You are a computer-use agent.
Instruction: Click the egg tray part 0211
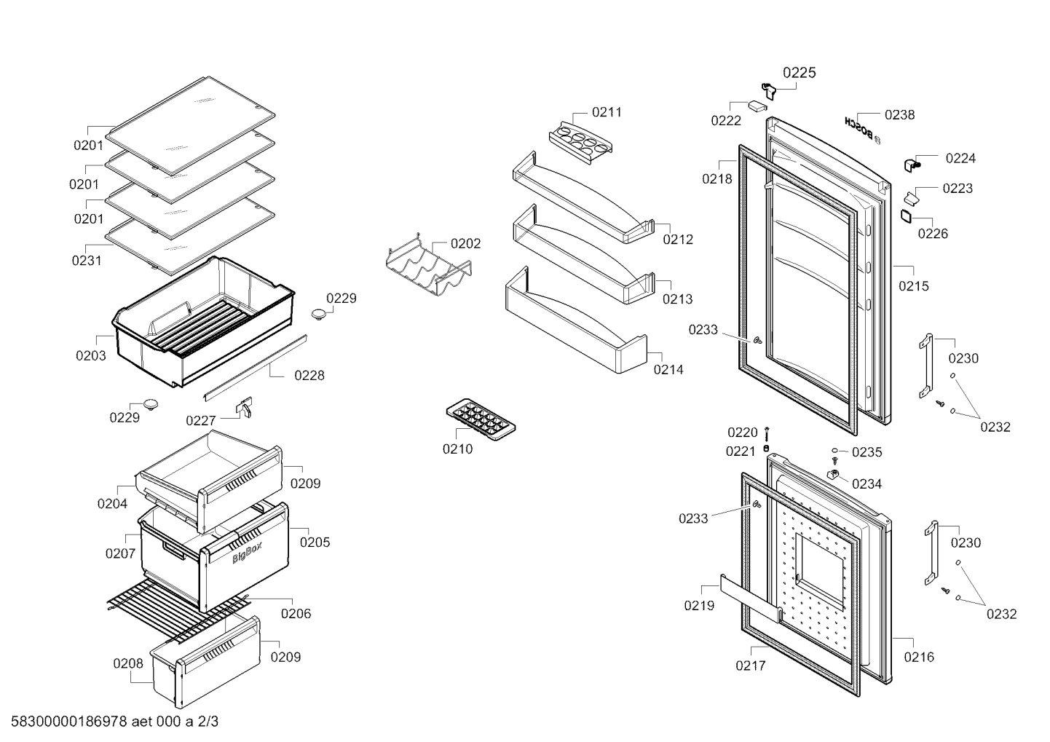(x=580, y=143)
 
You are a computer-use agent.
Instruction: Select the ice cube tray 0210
(x=481, y=419)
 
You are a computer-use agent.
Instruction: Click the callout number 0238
(x=899, y=115)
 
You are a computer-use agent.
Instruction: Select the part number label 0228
(x=309, y=376)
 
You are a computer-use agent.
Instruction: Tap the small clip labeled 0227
(x=245, y=407)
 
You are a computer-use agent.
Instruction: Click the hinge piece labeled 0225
(x=769, y=91)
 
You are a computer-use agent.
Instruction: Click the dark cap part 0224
(x=911, y=165)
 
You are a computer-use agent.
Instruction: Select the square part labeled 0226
(x=906, y=216)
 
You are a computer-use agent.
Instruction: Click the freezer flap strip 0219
(x=750, y=599)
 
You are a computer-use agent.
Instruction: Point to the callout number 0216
(x=919, y=657)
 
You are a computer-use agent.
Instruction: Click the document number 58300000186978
(x=69, y=722)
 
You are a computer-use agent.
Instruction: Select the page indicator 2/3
(x=208, y=722)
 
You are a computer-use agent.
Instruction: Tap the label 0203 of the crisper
(x=91, y=356)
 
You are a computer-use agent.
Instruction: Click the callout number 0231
(x=87, y=261)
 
